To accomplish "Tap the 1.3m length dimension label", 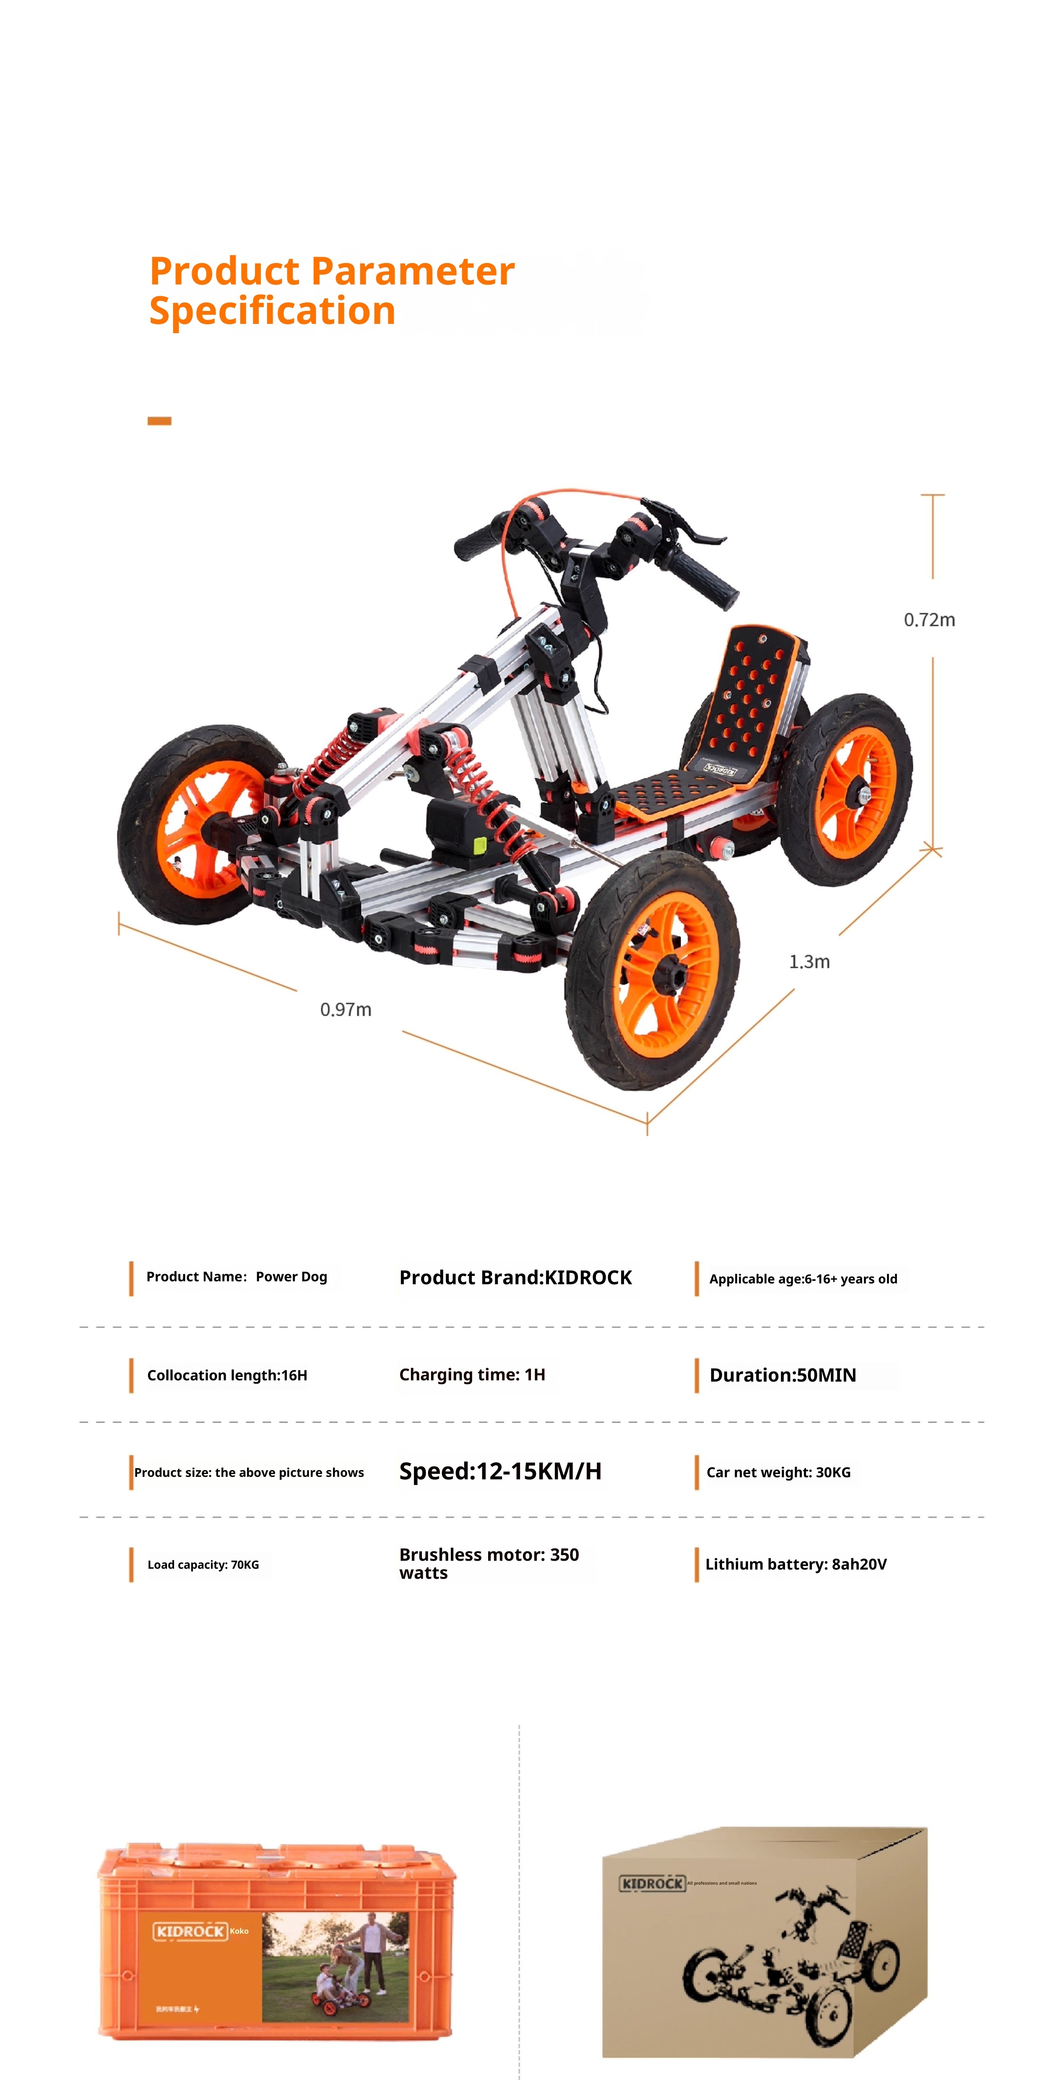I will tap(809, 961).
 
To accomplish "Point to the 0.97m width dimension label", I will tap(346, 1009).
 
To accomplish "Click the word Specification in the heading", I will tap(272, 311).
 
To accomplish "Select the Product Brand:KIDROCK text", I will tap(515, 1277).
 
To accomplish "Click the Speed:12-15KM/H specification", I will tap(500, 1471).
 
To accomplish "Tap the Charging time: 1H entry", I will tap(471, 1374).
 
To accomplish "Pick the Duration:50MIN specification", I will tap(783, 1375).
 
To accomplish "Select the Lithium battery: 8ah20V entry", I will tap(796, 1564).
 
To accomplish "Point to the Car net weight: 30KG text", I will tap(778, 1472).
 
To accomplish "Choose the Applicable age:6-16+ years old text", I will tap(803, 1279).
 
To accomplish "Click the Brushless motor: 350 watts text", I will tap(489, 1563).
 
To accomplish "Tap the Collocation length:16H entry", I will tap(227, 1375).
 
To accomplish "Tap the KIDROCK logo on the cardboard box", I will tap(652, 1883).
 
